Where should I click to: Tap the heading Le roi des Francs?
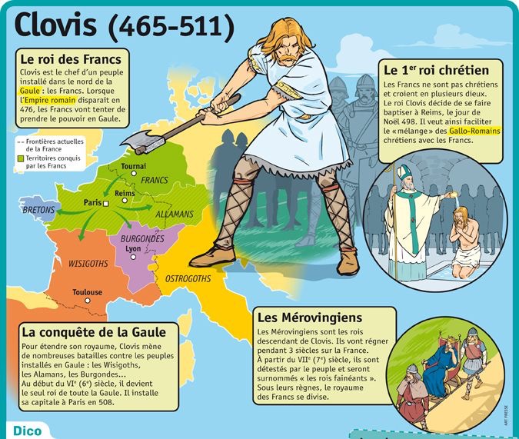[x=68, y=58]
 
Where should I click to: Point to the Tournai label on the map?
[x=134, y=166]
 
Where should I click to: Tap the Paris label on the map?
[x=93, y=202]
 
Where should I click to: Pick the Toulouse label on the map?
[x=87, y=292]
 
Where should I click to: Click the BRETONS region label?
[x=38, y=209]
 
